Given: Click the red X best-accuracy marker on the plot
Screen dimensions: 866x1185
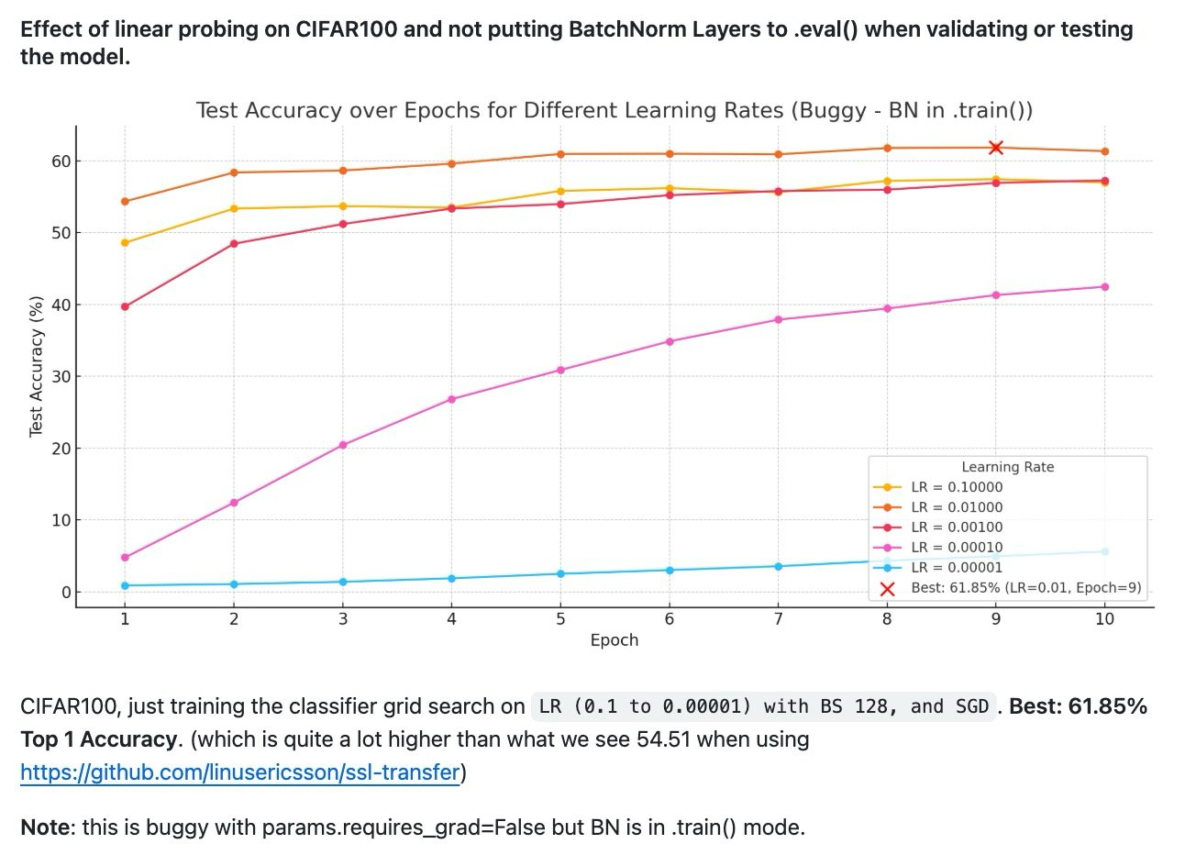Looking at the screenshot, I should (995, 148).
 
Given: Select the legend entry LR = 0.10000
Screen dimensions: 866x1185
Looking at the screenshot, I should (956, 487).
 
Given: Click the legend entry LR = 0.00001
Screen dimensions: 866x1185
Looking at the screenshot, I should (956, 567).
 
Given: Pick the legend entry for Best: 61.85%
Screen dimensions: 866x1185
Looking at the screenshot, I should (1025, 587).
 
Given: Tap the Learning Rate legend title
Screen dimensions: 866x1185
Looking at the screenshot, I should (1007, 467).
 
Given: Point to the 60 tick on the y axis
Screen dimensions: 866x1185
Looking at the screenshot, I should (60, 161).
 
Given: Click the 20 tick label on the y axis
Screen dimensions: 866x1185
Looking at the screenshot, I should (60, 449).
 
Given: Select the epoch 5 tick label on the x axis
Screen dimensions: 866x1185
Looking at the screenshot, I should (560, 619).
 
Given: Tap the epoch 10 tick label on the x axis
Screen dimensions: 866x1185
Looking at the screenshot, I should (1104, 619).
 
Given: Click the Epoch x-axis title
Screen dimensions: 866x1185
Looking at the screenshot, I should (614, 640).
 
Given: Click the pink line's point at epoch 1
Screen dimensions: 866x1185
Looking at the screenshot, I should (125, 558).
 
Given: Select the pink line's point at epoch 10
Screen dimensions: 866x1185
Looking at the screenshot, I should (1104, 287).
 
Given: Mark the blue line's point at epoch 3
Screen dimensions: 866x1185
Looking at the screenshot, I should (343, 582).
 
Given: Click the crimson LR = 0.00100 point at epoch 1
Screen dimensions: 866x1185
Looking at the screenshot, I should (125, 306).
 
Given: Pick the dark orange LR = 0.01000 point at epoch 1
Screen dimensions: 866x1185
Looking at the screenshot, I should (125, 202).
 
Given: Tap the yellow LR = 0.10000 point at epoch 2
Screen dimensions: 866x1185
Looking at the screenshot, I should (234, 208).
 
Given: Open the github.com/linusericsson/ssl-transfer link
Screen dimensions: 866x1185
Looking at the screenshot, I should (239, 773).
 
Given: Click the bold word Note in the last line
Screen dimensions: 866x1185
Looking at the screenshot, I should (45, 827).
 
